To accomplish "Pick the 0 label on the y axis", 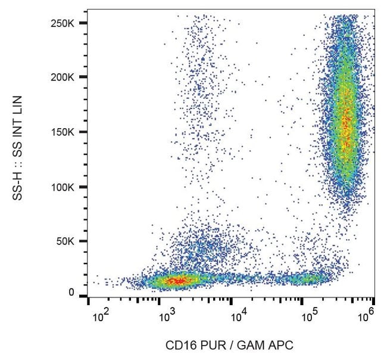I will [72, 292].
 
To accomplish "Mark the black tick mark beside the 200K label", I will [83, 77].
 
